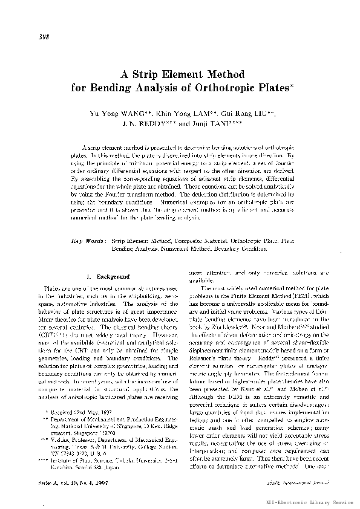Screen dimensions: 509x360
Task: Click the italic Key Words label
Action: coord(88,241)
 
